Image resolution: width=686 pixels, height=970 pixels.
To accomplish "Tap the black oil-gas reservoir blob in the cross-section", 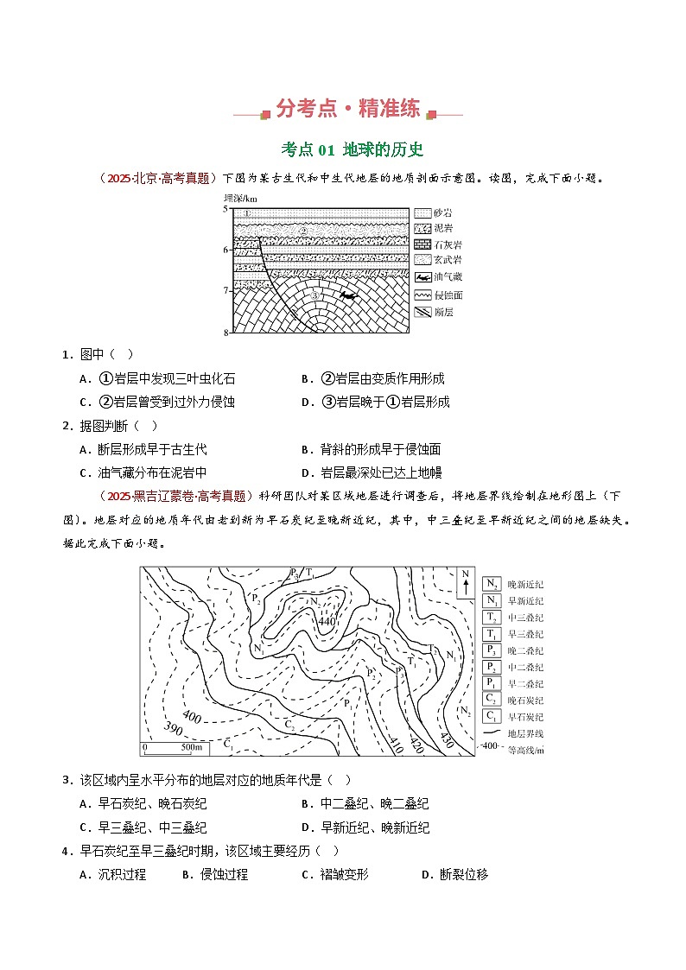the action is [x=348, y=296].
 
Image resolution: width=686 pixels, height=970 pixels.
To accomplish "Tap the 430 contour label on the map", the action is [x=447, y=740].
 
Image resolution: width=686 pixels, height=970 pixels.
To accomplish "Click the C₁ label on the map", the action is [x=228, y=743].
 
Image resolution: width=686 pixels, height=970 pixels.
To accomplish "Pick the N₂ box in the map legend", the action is [x=492, y=584].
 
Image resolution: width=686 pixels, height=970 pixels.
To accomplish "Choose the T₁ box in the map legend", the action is [x=492, y=634].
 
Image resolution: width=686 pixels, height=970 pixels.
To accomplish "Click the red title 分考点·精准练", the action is [x=348, y=109].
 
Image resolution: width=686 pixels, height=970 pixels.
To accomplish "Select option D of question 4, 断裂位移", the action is [x=454, y=874].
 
